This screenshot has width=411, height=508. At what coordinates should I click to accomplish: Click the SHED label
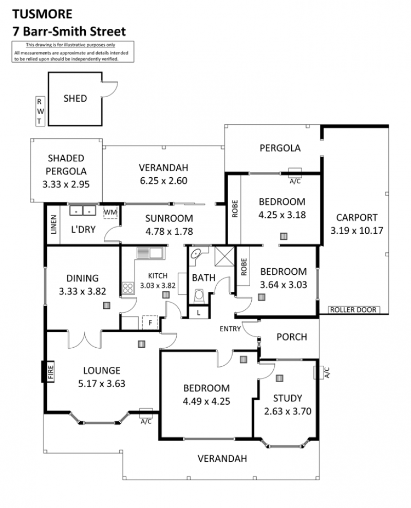pos(75,99)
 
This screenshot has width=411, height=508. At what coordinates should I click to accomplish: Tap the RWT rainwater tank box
pos(40,111)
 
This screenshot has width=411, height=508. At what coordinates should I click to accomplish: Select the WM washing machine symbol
pos(110,213)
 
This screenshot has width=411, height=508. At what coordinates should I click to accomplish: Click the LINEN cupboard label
pos(54,224)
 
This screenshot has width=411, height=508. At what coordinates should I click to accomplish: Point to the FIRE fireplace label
pos(50,371)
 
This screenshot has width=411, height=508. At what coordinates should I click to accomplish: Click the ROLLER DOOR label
pos(353,310)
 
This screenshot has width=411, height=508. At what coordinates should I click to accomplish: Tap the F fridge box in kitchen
pos(150,323)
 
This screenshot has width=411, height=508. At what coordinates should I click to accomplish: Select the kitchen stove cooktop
pos(128,288)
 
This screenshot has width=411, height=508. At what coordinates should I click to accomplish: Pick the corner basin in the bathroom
pos(196,253)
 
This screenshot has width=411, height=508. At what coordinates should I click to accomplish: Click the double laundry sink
pos(83,211)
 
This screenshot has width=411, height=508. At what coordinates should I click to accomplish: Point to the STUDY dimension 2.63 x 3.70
pos(288,411)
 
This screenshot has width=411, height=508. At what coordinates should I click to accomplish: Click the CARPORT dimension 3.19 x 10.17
pos(357,230)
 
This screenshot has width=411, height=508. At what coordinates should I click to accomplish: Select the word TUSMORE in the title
pos(43,14)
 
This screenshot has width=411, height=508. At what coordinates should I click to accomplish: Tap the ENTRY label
pos(230,329)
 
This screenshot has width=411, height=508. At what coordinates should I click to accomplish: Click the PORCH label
pos(292,337)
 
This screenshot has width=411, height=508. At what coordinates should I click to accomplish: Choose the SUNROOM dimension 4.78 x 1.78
pos(169,231)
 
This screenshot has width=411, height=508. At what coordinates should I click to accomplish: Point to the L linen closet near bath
pos(199,313)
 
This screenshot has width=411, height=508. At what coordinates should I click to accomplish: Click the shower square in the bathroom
pos(225,256)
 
